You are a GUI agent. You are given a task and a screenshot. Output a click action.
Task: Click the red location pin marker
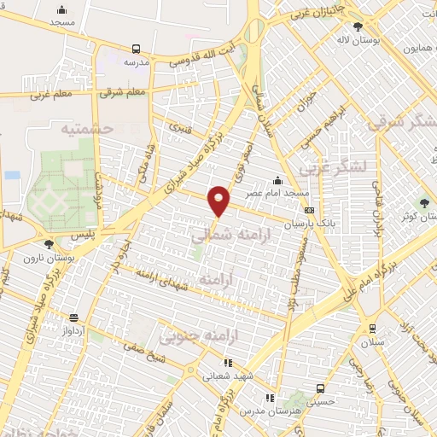220,200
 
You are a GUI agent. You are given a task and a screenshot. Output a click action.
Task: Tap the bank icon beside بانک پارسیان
308,211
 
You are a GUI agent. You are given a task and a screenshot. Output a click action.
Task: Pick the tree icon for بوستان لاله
358,26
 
